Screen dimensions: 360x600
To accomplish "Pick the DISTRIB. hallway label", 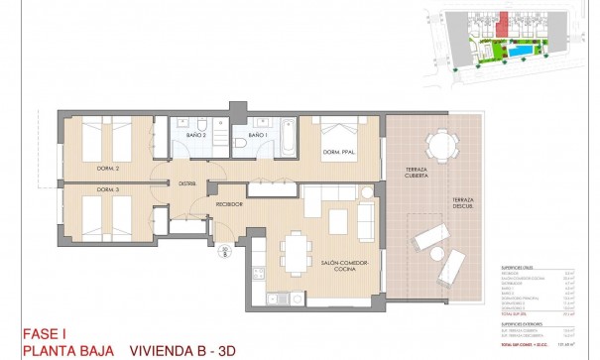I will [x=186, y=182].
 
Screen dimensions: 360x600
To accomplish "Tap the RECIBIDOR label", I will [x=230, y=203].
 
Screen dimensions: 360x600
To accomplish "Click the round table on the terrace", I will [x=436, y=146].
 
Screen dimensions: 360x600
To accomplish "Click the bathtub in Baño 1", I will [x=287, y=137].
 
